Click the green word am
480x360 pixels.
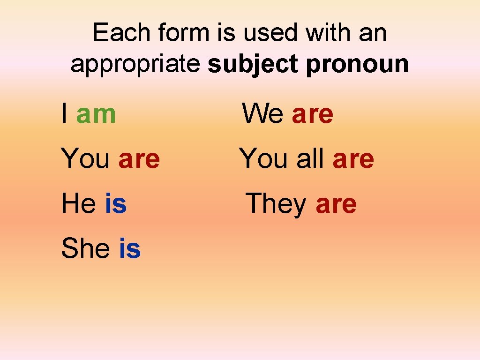96,114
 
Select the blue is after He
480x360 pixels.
116,204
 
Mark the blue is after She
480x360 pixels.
130,248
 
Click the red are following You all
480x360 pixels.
353,160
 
